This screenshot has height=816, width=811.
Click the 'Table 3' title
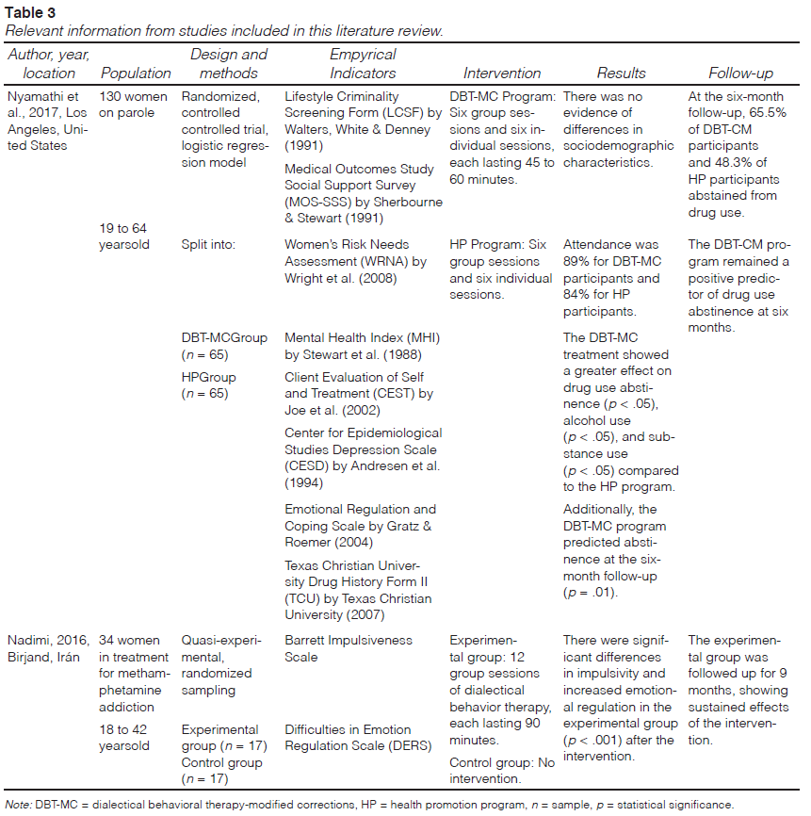pyautogui.click(x=30, y=12)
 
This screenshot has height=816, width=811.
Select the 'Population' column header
pyautogui.click(x=136, y=73)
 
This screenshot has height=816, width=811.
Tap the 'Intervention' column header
pyautogui.click(x=502, y=73)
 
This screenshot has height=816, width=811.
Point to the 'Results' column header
pyautogui.click(x=622, y=73)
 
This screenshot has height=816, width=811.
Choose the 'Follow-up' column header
pyautogui.click(x=740, y=73)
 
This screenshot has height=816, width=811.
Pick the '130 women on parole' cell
pyautogui.click(x=134, y=105)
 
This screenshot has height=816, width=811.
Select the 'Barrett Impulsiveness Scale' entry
pyautogui.click(x=349, y=648)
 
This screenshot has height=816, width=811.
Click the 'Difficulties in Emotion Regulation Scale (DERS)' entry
pyautogui.click(x=348, y=738)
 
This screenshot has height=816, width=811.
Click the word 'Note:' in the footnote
pyautogui.click(x=19, y=804)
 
